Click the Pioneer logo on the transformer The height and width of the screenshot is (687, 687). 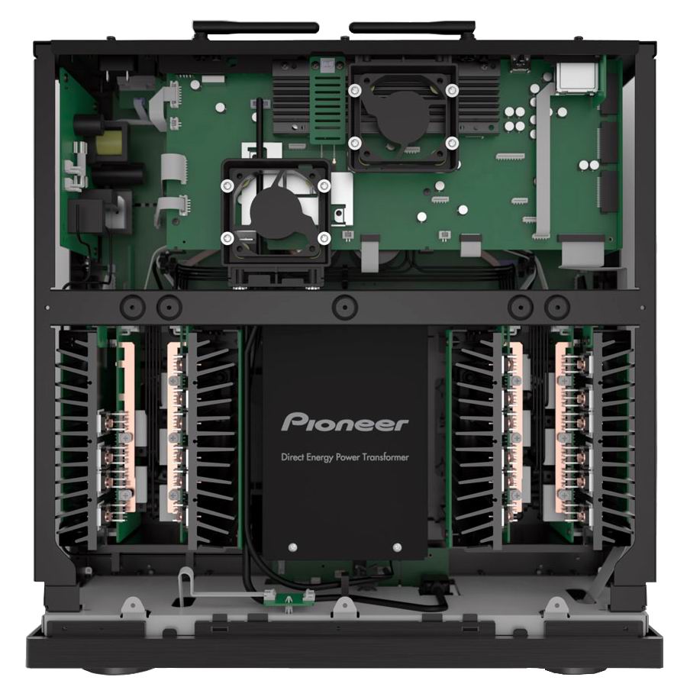(344, 423)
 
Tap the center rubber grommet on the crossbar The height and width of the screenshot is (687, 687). (345, 306)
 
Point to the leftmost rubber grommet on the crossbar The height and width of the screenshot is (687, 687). (133, 306)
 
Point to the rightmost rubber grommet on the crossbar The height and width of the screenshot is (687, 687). (556, 306)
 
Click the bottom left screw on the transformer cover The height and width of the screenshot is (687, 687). (292, 547)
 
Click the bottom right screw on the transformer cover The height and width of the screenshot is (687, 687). (398, 547)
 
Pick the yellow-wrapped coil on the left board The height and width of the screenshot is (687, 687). (106, 141)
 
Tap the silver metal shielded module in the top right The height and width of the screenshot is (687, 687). (576, 78)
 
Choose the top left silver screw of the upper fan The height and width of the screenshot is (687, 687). (354, 91)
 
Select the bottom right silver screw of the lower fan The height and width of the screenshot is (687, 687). (324, 239)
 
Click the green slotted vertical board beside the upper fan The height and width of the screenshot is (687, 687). (327, 100)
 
